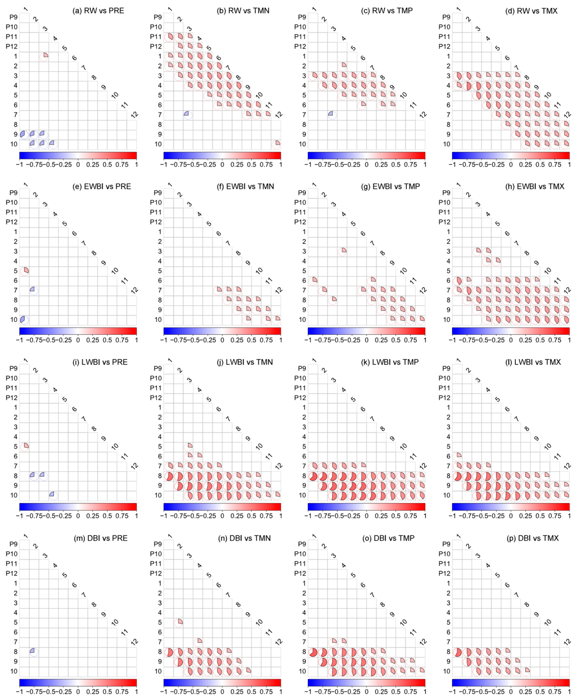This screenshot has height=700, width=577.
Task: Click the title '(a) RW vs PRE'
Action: [98, 11]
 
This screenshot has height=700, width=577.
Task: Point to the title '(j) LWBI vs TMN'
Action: [245, 362]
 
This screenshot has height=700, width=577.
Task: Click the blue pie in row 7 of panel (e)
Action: [34, 291]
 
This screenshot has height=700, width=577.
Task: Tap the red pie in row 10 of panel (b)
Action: [276, 144]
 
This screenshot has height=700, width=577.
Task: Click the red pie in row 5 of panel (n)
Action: [178, 622]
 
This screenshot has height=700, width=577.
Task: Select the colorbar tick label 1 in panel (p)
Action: [569, 692]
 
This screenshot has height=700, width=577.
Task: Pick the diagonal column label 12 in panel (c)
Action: [423, 115]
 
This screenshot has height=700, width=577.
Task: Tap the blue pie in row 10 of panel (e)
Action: [24, 320]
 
